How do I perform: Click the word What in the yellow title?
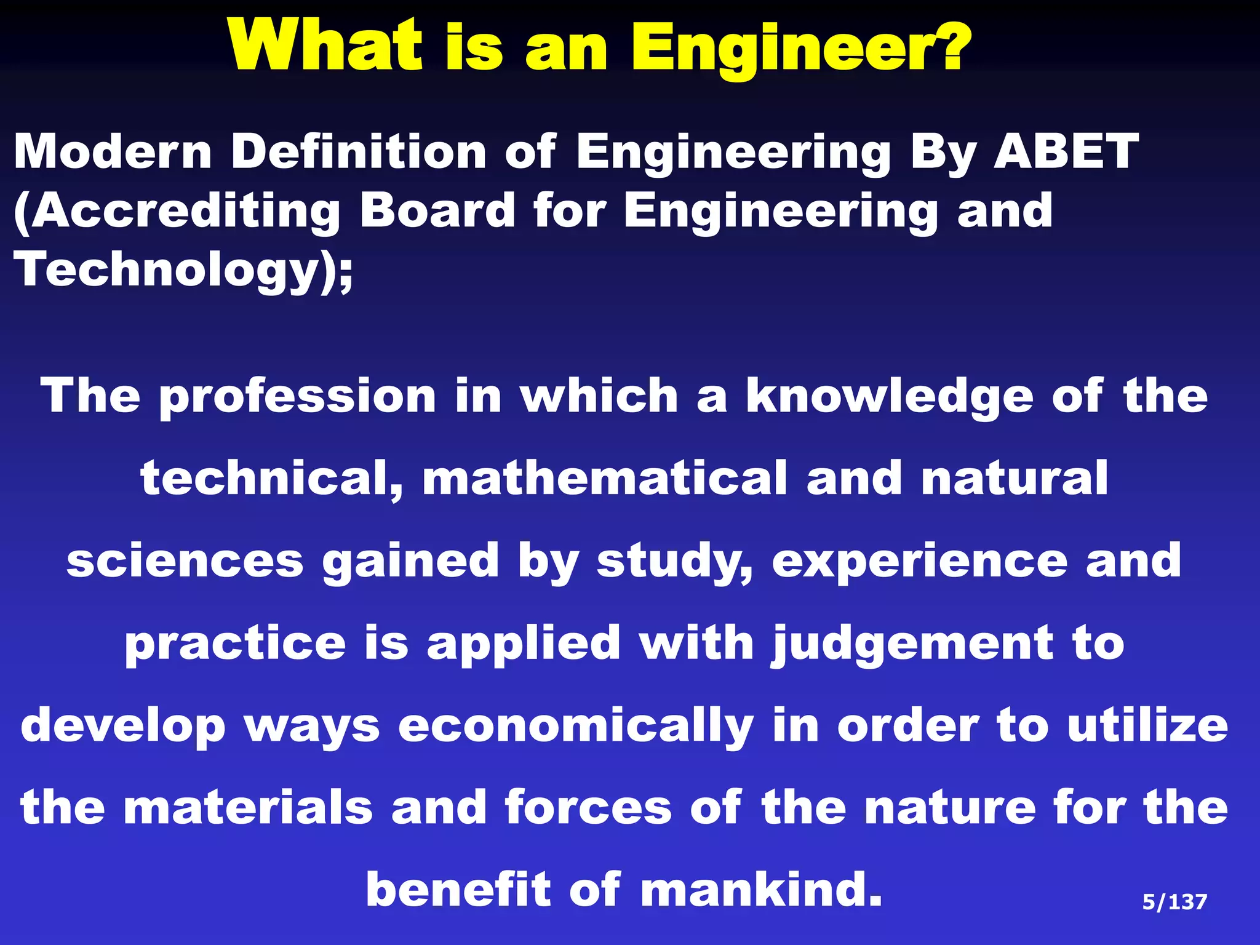point(327,47)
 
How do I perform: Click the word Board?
point(437,210)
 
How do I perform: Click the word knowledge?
point(890,397)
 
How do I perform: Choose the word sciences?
point(185,560)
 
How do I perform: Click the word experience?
point(920,562)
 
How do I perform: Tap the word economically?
point(576,727)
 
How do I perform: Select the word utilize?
point(1147,725)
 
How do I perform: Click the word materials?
point(249,808)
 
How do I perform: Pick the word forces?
point(588,808)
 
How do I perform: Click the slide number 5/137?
point(1174,902)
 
